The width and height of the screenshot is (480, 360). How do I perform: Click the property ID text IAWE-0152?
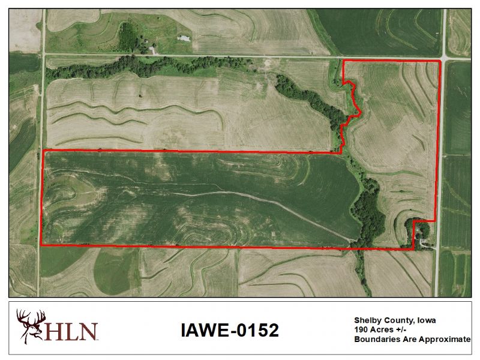tap(229, 330)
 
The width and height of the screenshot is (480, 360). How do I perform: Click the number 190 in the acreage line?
tap(361, 329)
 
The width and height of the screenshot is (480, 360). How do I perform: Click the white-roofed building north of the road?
tap(184, 38)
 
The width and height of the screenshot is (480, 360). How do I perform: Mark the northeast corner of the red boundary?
tap(440, 61)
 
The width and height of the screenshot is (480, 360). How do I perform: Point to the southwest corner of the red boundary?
tap(41, 245)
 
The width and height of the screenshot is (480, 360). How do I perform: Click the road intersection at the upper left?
tap(44, 55)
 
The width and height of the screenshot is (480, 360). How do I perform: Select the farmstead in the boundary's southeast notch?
tap(424, 240)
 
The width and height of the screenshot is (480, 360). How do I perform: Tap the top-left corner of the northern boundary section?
tap(342, 61)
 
